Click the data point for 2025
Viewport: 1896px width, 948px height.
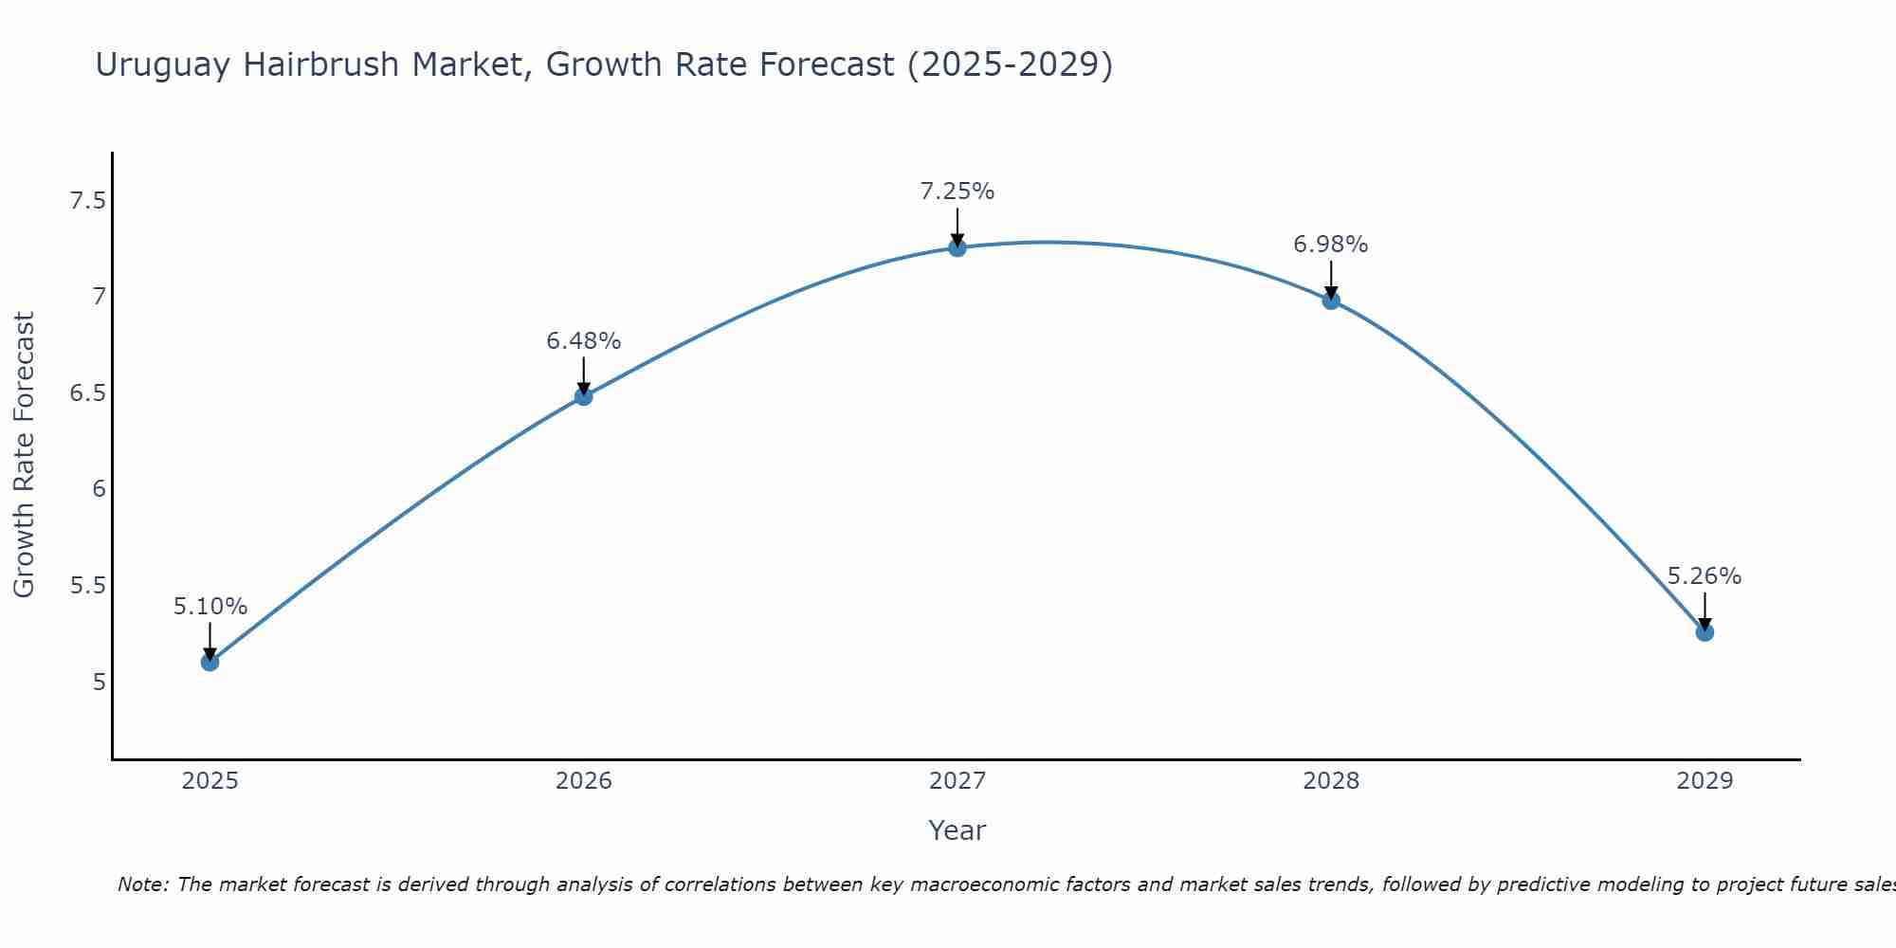coord(210,662)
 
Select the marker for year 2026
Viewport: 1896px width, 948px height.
coord(583,396)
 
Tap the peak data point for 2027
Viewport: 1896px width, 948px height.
coord(957,247)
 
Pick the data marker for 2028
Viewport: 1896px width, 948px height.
coord(1330,301)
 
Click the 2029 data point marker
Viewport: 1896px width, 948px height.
coord(1704,632)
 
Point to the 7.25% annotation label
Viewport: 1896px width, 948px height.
coord(957,191)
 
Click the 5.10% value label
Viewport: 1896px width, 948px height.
coord(210,607)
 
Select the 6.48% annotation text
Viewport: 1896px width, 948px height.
coord(583,341)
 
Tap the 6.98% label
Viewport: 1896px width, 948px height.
coord(1330,245)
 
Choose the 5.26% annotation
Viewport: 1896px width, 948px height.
coord(1704,576)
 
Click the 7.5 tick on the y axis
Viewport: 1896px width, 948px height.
coord(88,201)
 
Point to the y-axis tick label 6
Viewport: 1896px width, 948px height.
coord(99,489)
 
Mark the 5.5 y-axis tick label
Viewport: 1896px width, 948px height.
coord(88,586)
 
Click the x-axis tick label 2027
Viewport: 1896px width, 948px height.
coord(957,781)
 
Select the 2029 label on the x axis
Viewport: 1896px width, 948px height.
coord(1704,781)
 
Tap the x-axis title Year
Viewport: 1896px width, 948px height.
coord(957,830)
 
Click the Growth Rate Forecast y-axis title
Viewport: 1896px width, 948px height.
coord(24,455)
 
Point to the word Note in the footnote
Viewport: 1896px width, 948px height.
coord(142,884)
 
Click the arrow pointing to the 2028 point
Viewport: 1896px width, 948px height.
coord(1330,280)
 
